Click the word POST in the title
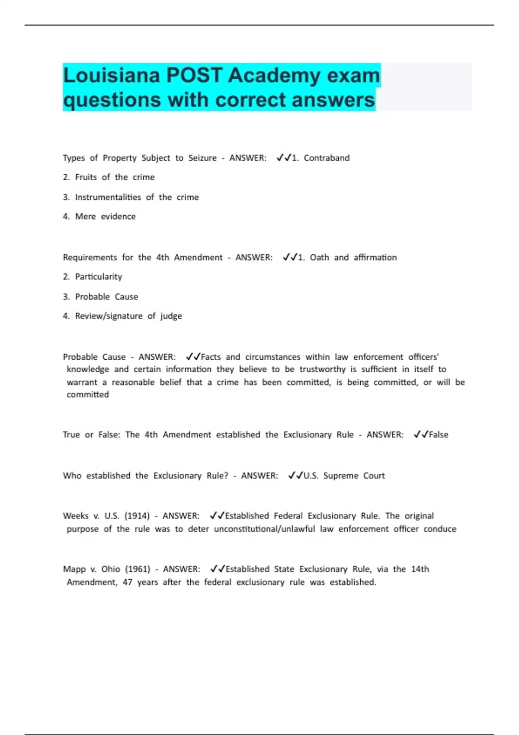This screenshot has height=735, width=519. (194, 76)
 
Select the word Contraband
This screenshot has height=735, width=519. (327, 158)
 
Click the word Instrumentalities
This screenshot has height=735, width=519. (108, 197)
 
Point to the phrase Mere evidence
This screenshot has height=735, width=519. (105, 217)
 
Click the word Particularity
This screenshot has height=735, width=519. (99, 277)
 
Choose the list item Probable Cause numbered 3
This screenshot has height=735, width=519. (106, 297)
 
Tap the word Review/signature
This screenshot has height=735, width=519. (109, 316)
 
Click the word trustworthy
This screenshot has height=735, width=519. (322, 369)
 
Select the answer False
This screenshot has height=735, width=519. (439, 435)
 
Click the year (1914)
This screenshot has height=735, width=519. (137, 516)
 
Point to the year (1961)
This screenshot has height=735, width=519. (138, 569)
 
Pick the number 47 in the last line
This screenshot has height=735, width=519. (127, 582)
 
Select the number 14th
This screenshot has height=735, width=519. (420, 569)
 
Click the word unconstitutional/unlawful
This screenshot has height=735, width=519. (264, 529)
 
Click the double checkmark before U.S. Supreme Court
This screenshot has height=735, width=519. (295, 476)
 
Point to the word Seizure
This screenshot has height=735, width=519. (202, 158)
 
